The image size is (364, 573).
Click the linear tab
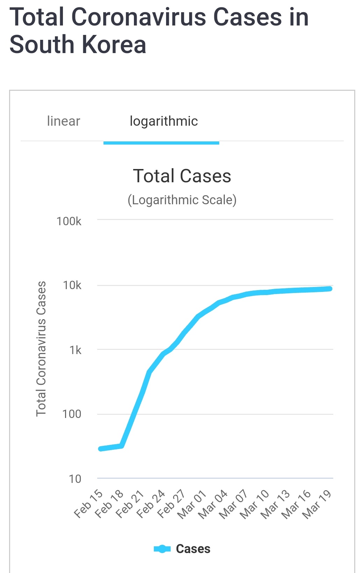click(63, 121)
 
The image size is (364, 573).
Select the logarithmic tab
click(164, 121)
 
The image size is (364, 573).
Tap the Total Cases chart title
click(182, 176)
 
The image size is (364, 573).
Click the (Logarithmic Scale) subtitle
click(182, 200)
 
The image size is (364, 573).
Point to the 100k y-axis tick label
click(69, 221)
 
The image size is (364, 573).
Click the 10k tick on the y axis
click(72, 285)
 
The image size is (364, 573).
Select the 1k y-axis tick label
click(75, 350)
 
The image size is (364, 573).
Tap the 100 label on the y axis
click(72, 414)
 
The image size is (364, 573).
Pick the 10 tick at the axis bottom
click(75, 479)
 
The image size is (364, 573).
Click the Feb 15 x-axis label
click(88, 504)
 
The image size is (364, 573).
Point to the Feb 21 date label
click(130, 504)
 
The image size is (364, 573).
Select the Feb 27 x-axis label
click(171, 504)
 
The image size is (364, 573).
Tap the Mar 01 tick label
click(192, 504)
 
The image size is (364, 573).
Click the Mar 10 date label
click(254, 504)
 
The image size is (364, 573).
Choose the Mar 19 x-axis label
click(317, 504)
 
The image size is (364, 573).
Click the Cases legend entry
click(182, 549)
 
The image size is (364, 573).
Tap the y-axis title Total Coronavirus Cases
click(41, 348)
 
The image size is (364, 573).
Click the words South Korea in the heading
click(78, 45)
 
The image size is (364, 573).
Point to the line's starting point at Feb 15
click(101, 449)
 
